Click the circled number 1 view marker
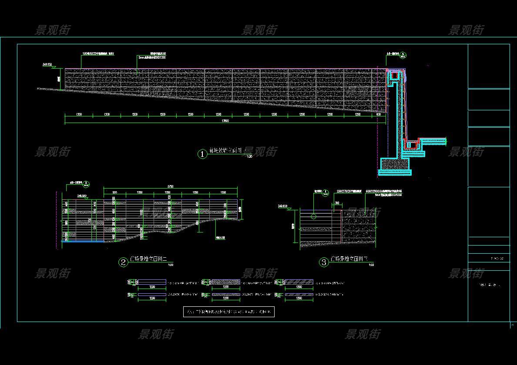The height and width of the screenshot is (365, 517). (x=202, y=154)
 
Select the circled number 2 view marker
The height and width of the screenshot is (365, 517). (x=124, y=262)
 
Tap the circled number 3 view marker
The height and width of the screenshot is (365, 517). (x=324, y=262)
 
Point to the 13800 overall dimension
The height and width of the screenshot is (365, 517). (x=225, y=121)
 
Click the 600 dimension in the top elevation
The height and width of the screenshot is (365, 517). (x=379, y=114)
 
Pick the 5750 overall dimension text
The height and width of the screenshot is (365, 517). (x=170, y=186)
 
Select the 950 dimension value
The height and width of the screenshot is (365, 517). (x=115, y=192)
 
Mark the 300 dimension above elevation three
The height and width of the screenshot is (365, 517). (x=337, y=203)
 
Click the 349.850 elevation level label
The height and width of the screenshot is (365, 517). (x=47, y=64)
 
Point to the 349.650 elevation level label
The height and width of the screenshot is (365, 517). (x=283, y=206)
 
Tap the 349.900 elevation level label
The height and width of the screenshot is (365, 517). (x=82, y=196)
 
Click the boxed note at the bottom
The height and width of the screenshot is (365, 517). (x=229, y=312)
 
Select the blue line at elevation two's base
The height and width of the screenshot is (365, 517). (x=83, y=241)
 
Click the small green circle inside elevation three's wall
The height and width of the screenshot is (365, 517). (x=314, y=216)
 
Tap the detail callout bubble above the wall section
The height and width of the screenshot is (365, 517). (x=403, y=56)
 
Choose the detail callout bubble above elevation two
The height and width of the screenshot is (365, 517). (x=86, y=184)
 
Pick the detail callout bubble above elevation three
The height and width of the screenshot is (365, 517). (x=325, y=192)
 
